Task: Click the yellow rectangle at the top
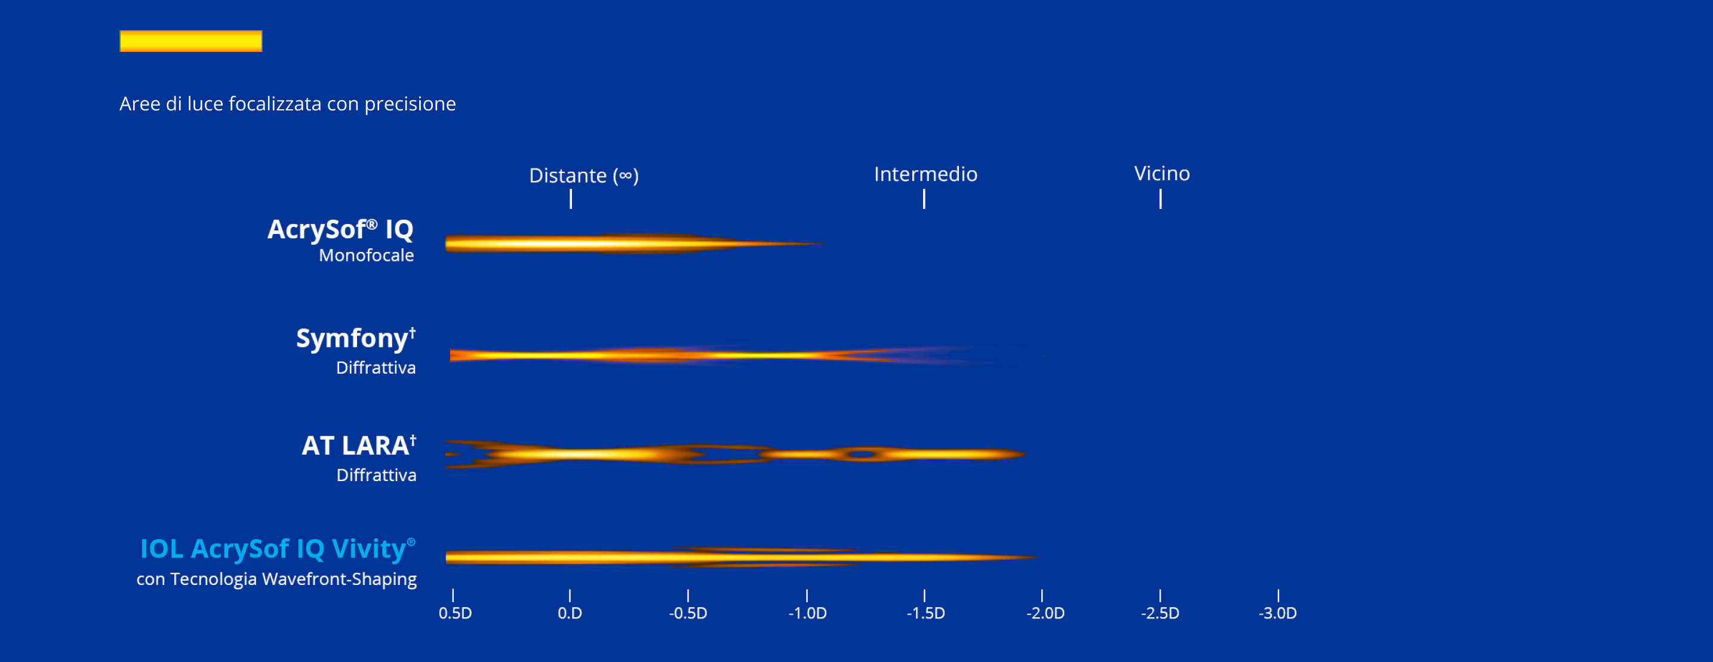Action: [x=191, y=41]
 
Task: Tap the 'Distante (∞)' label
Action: [x=584, y=175]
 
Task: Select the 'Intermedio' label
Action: [x=925, y=174]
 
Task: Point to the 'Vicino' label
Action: [x=1162, y=174]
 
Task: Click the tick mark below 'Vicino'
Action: [x=1160, y=199]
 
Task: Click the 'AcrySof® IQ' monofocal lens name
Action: [x=340, y=229]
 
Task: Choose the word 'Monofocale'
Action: [x=367, y=255]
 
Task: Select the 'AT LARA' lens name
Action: [x=359, y=445]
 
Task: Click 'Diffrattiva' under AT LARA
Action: [x=376, y=475]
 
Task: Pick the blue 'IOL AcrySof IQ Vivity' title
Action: [x=278, y=549]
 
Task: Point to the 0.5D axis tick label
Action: [x=455, y=613]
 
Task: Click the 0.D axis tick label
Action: [x=570, y=613]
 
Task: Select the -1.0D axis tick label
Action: [x=807, y=613]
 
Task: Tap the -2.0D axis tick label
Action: [x=1045, y=613]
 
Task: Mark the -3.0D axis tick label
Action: [x=1277, y=613]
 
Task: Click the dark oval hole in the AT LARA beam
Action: [x=862, y=455]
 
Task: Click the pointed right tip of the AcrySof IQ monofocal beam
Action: [x=823, y=244]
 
